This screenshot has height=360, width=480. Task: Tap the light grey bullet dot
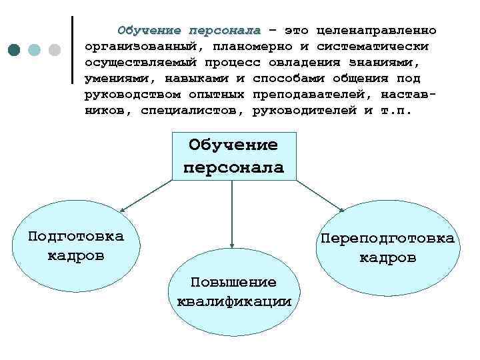click(55, 50)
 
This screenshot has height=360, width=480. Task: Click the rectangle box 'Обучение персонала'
click(233, 157)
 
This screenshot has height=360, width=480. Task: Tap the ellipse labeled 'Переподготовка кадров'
click(387, 247)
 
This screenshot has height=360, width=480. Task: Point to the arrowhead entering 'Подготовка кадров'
click(122, 209)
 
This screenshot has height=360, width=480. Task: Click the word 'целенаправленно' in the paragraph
click(377, 31)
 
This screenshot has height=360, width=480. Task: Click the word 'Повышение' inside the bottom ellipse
click(233, 282)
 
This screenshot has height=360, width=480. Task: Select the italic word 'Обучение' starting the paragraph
click(150, 31)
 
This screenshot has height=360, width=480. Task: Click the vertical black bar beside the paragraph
click(71, 50)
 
